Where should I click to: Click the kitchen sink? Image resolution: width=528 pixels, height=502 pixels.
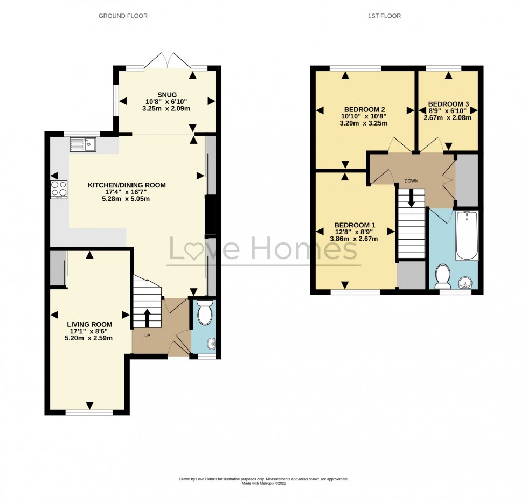(x=82, y=144)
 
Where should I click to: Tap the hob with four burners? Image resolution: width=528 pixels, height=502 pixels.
(x=59, y=189)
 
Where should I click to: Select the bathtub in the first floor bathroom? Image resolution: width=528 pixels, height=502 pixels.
(x=467, y=235)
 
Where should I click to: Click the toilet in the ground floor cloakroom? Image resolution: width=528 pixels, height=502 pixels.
(x=205, y=312)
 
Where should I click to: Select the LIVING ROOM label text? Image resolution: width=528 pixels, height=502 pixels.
(x=89, y=324)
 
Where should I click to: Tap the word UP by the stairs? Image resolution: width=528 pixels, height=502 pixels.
(x=139, y=335)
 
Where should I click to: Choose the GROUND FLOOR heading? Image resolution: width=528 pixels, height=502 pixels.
(x=123, y=16)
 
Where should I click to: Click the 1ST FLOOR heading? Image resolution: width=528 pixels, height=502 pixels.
(x=384, y=16)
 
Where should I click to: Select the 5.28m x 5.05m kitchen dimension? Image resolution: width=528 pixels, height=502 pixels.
(x=127, y=199)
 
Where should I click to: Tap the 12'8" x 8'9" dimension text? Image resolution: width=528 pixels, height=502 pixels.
(x=355, y=233)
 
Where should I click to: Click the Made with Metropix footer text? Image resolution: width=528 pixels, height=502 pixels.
(x=263, y=483)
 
